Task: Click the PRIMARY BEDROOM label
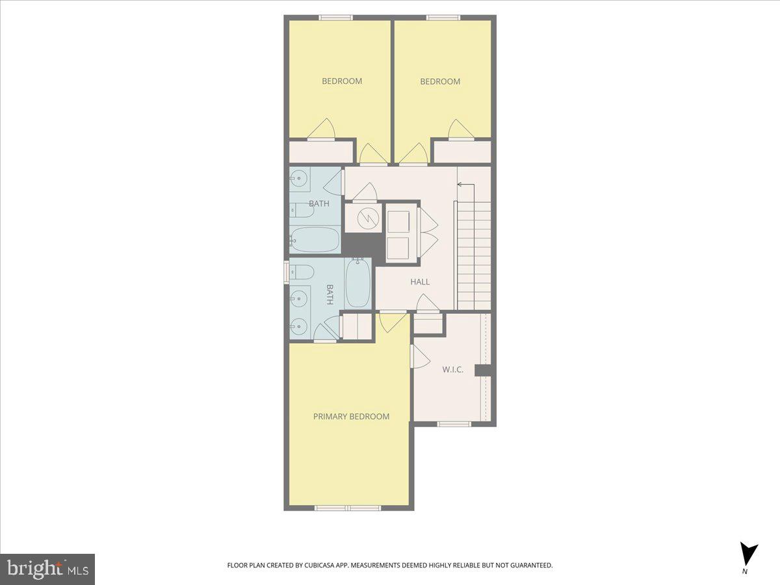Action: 351,417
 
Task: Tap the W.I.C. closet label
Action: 452,369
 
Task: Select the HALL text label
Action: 420,282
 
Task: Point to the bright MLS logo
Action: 47,569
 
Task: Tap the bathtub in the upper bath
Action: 315,240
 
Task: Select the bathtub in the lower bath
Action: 358,283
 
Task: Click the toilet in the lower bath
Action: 302,272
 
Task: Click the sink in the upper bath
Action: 300,178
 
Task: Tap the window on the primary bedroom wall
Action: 348,508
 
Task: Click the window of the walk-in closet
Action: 454,424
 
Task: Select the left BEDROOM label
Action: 342,81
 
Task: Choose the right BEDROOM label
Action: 440,81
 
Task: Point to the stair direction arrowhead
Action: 460,185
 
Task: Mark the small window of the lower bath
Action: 286,272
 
